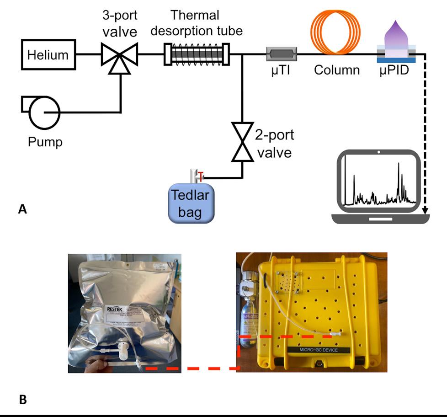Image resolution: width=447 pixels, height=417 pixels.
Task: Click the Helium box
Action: pos(48,55)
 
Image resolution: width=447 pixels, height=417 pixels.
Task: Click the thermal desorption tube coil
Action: pos(197,54)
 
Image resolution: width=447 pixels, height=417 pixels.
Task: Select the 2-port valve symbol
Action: pos(242,142)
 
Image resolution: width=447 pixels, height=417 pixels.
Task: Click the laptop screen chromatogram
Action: pos(379,183)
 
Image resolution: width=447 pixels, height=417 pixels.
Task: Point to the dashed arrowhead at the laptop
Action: pos(426,212)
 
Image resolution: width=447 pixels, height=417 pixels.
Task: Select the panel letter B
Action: pos(23,400)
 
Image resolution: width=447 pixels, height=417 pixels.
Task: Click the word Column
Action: pos(337,70)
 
